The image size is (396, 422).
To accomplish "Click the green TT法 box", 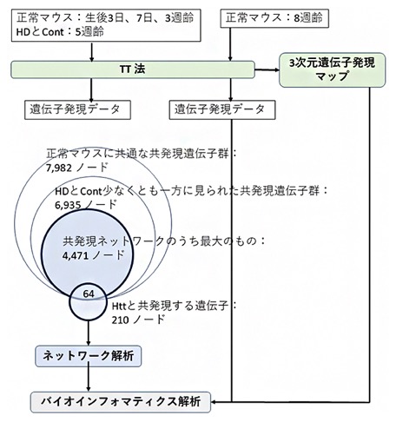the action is (133, 69).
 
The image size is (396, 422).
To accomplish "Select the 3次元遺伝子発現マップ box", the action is (333, 69).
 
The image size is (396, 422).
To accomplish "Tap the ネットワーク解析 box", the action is (89, 356).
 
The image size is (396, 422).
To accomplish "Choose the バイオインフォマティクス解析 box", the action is (121, 402).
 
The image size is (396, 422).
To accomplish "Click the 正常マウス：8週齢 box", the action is (274, 18).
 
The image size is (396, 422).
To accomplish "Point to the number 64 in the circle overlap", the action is (89, 293).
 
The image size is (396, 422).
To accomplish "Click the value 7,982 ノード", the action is (77, 168).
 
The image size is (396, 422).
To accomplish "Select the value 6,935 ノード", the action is (86, 205).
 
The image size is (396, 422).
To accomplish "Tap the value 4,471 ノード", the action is (93, 255).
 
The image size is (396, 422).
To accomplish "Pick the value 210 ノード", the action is (138, 320).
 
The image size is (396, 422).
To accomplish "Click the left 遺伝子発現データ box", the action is (77, 109).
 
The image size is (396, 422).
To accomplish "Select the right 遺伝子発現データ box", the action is (222, 109).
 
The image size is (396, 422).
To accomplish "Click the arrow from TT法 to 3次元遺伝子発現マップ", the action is (267, 69).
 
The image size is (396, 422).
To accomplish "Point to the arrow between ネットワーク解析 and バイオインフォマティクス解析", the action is (89, 379).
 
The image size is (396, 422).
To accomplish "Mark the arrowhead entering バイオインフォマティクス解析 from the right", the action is (214, 402).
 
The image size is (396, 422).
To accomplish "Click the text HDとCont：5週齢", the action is (60, 31).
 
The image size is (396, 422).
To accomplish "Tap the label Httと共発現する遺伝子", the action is (170, 306).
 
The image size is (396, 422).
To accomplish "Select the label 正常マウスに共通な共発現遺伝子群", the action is (137, 154).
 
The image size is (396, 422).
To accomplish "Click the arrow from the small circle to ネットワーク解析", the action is (89, 333).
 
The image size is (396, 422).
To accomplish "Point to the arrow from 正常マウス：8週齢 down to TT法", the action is (230, 44).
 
